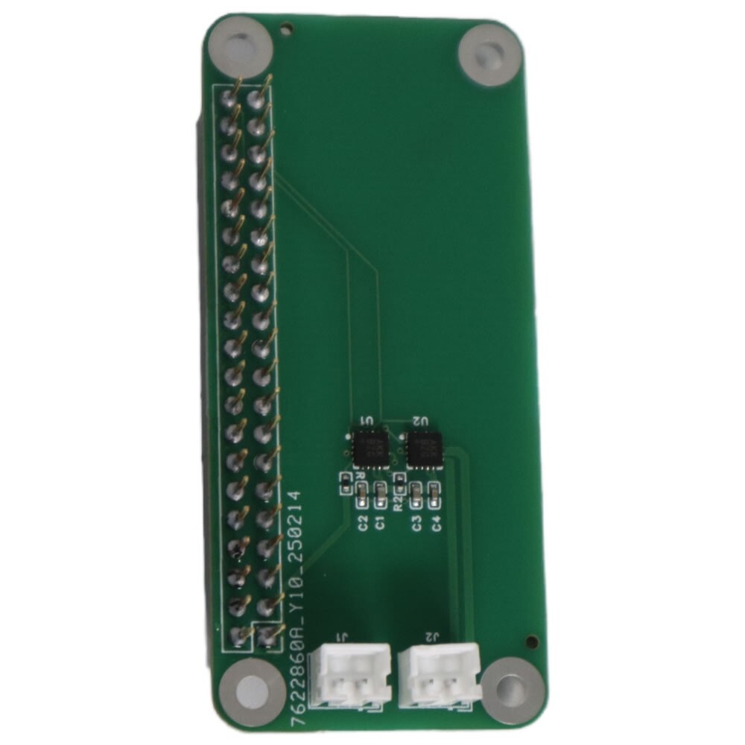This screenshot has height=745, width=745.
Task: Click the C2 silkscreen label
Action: (363, 522)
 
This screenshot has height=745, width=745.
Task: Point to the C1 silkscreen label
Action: (380, 522)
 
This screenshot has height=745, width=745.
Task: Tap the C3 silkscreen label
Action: (417, 522)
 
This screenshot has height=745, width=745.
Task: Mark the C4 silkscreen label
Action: (436, 522)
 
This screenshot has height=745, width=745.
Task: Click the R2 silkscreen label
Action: (399, 503)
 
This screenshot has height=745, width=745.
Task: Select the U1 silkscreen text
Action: (367, 422)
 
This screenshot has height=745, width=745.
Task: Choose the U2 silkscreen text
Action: (421, 422)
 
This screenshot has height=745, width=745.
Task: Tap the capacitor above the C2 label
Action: (363, 491)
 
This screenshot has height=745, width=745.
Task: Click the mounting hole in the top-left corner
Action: (239, 49)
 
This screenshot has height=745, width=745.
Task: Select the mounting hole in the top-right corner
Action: (489, 54)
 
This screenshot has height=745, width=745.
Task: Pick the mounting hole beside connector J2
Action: (511, 688)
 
